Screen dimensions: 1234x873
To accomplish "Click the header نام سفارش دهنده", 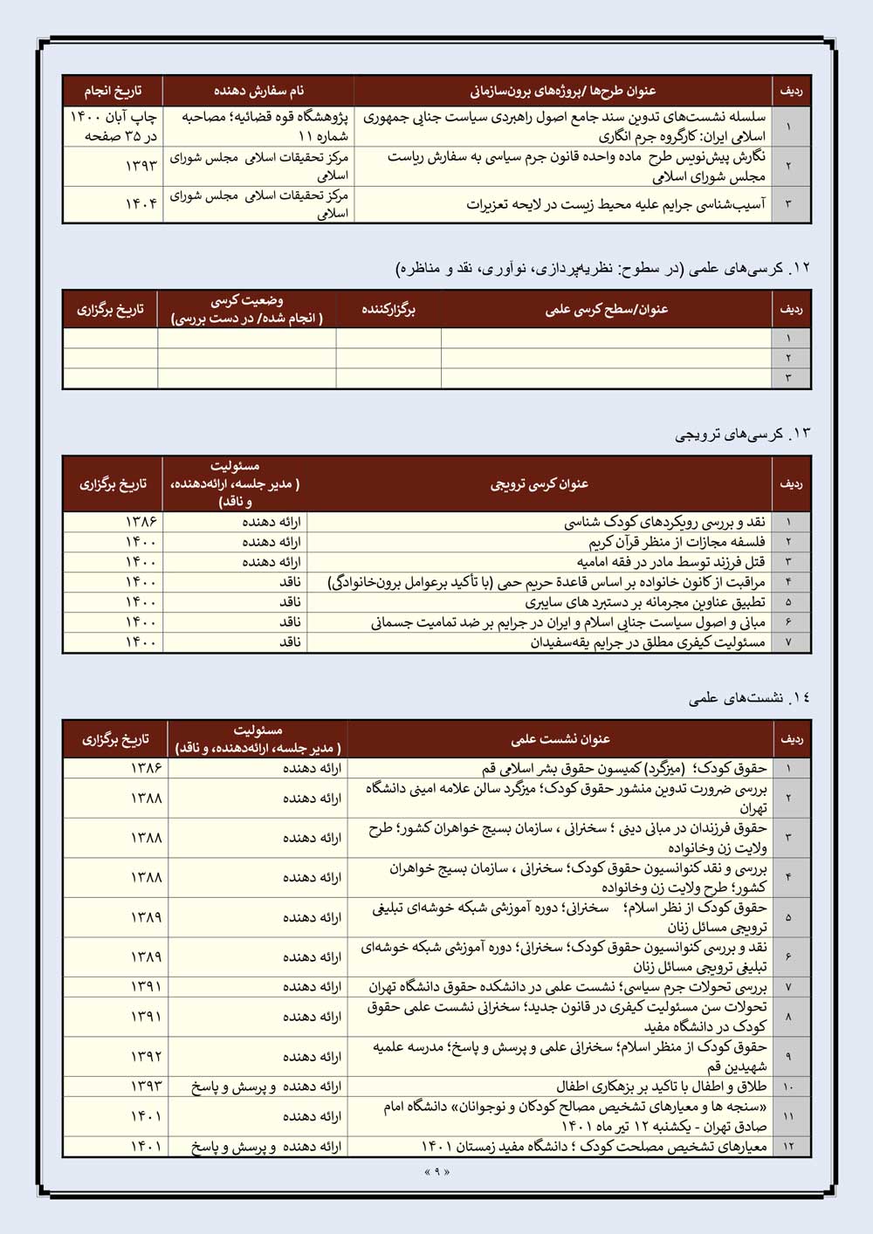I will pyautogui.click(x=258, y=91).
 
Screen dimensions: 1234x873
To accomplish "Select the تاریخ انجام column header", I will pyautogui.click(x=113, y=91).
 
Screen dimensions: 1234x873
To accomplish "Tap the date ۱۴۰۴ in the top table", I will pyautogui.click(x=141, y=204).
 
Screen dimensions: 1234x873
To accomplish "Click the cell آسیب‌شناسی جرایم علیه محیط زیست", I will pyautogui.click(x=615, y=204).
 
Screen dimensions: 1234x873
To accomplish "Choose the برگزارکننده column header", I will pyautogui.click(x=388, y=310).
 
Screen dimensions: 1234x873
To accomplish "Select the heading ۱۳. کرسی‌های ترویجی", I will pyautogui.click(x=742, y=434).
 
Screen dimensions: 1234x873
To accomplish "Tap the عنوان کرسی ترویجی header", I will pyautogui.click(x=540, y=483).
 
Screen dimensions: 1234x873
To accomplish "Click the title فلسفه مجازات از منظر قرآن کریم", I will pyautogui.click(x=677, y=542).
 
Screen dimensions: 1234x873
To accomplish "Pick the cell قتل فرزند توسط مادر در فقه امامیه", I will pyautogui.click(x=670, y=562).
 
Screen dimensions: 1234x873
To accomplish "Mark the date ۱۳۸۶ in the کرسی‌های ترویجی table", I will pyautogui.click(x=141, y=522).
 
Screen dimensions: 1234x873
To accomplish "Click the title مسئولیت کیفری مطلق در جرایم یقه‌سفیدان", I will pyautogui.click(x=648, y=642).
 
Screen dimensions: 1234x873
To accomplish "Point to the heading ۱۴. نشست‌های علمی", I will pyautogui.click(x=749, y=697).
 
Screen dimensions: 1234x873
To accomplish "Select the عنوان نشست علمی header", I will pyautogui.click(x=560, y=739).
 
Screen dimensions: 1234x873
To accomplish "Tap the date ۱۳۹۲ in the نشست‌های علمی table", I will pyautogui.click(x=147, y=1056).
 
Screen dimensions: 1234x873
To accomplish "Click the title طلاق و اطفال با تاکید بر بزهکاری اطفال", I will pyautogui.click(x=662, y=1087).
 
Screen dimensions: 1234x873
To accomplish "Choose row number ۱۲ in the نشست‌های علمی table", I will pyautogui.click(x=789, y=1147).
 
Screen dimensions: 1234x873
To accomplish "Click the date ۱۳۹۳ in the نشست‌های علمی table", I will pyautogui.click(x=147, y=1087).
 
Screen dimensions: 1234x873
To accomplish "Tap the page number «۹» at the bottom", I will pyautogui.click(x=436, y=1172).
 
